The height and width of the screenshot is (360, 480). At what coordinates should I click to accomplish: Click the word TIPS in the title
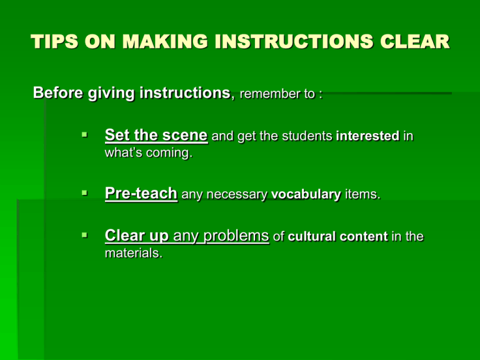(x=55, y=41)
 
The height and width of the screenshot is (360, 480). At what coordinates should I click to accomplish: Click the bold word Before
(x=58, y=92)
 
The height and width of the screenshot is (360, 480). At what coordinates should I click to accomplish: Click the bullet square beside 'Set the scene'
(x=85, y=134)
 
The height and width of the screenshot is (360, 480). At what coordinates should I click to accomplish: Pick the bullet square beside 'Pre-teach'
(x=85, y=193)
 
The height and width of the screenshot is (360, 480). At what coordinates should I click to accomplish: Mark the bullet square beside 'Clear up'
(x=85, y=235)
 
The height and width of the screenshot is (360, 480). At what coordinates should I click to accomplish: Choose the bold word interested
(x=367, y=136)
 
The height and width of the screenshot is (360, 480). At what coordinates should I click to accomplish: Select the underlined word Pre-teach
(x=141, y=194)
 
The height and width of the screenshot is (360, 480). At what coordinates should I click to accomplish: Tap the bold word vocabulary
(x=306, y=195)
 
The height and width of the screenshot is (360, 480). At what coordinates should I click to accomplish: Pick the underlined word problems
(x=236, y=236)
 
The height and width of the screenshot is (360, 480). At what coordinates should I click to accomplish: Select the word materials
(x=134, y=253)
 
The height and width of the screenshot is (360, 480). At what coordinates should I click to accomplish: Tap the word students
(x=307, y=136)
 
